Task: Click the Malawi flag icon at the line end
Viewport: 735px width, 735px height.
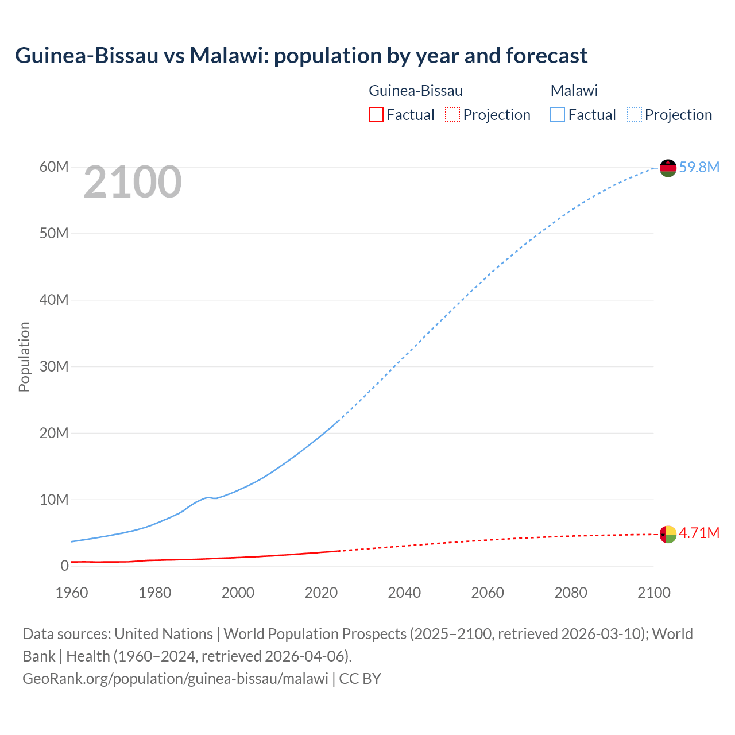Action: click(668, 168)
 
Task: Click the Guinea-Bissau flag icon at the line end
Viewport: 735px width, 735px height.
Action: click(668, 534)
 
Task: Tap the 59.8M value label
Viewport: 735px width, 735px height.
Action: click(699, 167)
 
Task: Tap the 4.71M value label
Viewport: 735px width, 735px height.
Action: click(699, 533)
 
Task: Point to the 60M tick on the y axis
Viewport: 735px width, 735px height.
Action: click(54, 167)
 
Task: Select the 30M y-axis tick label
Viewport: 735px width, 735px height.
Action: click(54, 366)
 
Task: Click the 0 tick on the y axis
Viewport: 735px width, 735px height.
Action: click(64, 566)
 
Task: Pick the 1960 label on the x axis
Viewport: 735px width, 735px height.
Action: click(72, 593)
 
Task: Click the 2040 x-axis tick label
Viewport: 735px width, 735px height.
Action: click(404, 593)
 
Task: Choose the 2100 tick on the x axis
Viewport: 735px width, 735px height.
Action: click(653, 593)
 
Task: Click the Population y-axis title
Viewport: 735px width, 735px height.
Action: click(24, 357)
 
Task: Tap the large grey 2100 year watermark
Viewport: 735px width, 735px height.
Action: click(133, 183)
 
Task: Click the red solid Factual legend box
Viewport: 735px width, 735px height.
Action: click(376, 114)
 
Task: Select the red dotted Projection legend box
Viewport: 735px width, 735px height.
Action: click(452, 114)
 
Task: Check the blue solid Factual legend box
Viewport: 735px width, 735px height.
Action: click(558, 114)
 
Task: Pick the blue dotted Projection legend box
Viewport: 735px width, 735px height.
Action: click(634, 114)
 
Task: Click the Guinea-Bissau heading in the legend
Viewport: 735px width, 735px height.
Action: click(415, 91)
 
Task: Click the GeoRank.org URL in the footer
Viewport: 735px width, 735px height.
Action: click(175, 679)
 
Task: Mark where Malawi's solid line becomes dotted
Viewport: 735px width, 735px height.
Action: click(339, 420)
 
